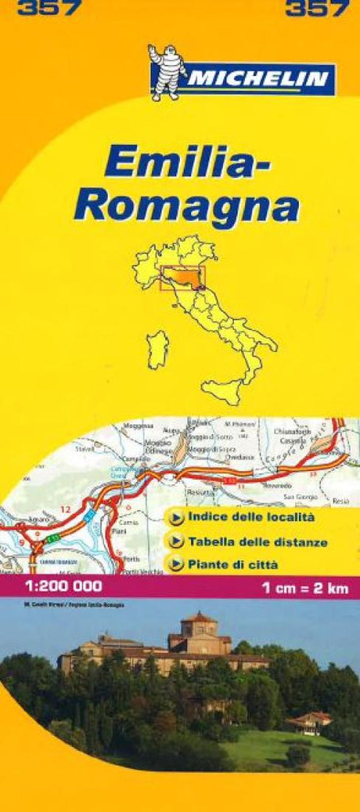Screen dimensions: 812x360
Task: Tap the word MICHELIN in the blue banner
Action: pos(259,79)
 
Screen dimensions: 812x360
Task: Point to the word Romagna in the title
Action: pos(186,205)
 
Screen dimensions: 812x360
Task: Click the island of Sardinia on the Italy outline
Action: pos(158,350)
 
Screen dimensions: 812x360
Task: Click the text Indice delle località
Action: pos(252,517)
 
